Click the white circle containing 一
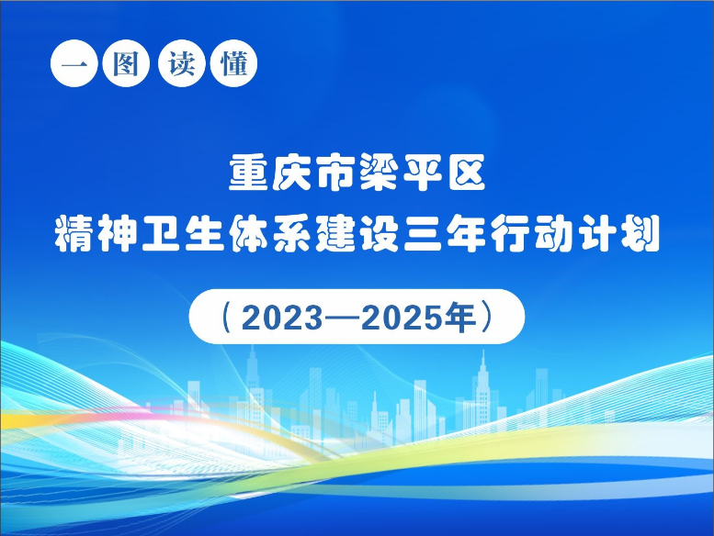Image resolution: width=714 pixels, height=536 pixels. pyautogui.click(x=74, y=63)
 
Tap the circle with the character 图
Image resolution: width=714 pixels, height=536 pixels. pyautogui.click(x=126, y=63)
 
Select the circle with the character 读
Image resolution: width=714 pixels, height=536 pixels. pyautogui.click(x=182, y=63)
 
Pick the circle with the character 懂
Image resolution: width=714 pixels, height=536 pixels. pyautogui.click(x=234, y=63)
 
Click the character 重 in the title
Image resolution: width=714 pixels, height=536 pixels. pyautogui.click(x=248, y=173)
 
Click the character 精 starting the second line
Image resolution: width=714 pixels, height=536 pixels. pyautogui.click(x=74, y=233)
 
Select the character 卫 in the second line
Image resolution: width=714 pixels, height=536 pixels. pyautogui.click(x=161, y=233)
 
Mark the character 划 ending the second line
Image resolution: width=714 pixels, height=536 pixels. pyautogui.click(x=641, y=233)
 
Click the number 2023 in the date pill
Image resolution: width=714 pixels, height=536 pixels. pyautogui.click(x=282, y=317)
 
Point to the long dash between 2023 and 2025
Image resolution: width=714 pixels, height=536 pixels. pyautogui.click(x=343, y=318)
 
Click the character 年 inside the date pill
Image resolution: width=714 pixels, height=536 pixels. pyautogui.click(x=459, y=317)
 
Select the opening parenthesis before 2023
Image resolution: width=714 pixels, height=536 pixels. pyautogui.click(x=226, y=317)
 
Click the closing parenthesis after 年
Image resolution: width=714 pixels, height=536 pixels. pyautogui.click(x=487, y=317)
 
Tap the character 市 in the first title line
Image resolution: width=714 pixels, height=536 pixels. pyautogui.click(x=335, y=173)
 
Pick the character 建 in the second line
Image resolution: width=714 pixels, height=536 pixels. pyautogui.click(x=335, y=233)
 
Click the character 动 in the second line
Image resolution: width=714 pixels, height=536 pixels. pyautogui.click(x=554, y=233)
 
